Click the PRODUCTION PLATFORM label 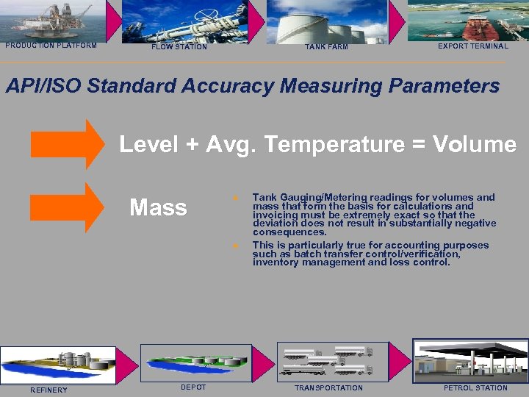(x=51, y=46)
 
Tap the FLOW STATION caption (x=179, y=47)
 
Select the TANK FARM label (x=326, y=47)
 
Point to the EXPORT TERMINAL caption (x=472, y=46)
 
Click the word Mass (x=158, y=208)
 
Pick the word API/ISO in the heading (x=43, y=86)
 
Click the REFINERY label (x=48, y=390)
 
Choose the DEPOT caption (x=193, y=387)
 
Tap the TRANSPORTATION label (x=328, y=388)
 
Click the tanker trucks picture (x=328, y=360)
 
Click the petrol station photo (x=470, y=360)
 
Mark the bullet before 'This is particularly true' (x=234, y=246)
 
